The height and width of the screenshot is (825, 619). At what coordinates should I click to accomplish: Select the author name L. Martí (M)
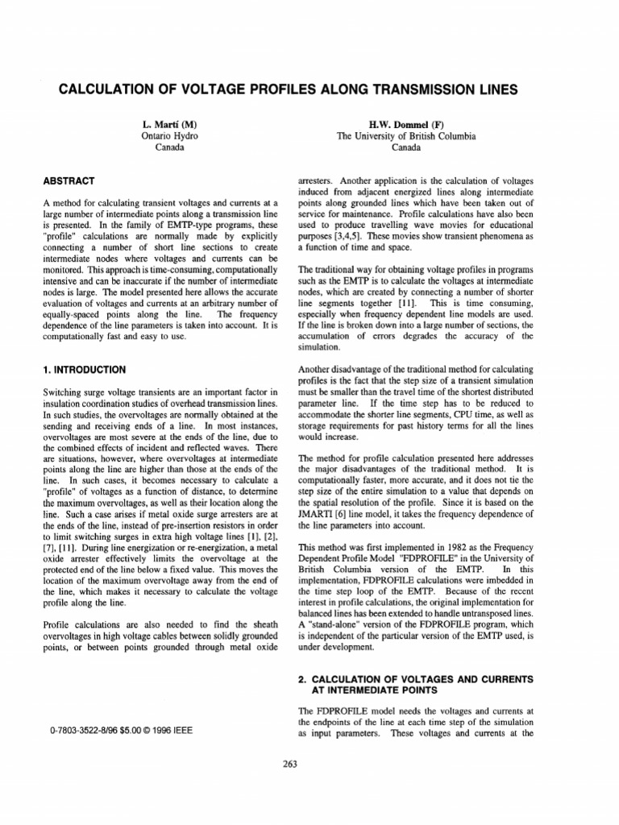click(169, 124)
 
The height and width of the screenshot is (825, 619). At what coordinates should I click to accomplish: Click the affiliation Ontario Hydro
click(169, 136)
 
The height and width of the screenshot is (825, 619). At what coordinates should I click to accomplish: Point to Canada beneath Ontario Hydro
click(169, 147)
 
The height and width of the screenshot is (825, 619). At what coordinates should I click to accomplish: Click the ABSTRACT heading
click(69, 180)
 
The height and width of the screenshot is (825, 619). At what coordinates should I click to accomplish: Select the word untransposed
click(498, 611)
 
